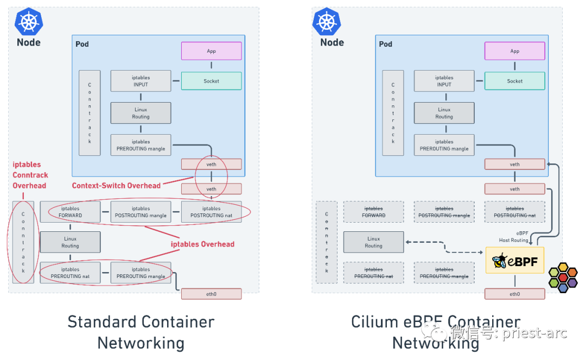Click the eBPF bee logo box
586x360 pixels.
[514, 260]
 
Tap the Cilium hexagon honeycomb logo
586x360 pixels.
[563, 277]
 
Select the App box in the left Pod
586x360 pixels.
[211, 51]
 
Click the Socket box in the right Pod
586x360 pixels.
[514, 81]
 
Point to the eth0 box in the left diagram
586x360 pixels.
[211, 294]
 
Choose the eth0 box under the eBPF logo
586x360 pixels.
[514, 294]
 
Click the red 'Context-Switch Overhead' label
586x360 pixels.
[116, 185]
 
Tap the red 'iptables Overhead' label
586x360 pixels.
[202, 244]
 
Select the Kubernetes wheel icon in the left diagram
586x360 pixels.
[29, 22]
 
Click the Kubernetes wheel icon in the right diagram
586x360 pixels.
[327, 22]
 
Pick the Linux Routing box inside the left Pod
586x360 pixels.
[141, 113]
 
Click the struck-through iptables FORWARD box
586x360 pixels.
[373, 212]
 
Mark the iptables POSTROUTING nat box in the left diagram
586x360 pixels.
[211, 212]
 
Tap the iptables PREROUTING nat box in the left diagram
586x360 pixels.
[70, 273]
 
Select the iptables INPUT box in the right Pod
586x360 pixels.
[444, 81]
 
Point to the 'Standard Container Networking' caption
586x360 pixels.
[141, 332]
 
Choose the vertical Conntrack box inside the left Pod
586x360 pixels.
[90, 113]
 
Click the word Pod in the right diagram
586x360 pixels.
[385, 44]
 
